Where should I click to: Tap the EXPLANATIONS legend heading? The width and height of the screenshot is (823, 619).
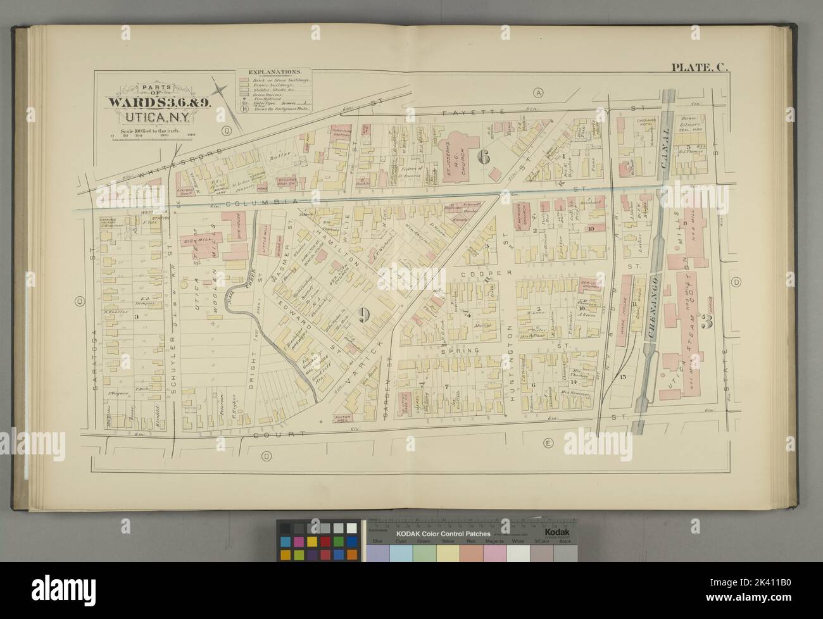(272, 73)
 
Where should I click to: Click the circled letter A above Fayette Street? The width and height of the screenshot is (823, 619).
(539, 92)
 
